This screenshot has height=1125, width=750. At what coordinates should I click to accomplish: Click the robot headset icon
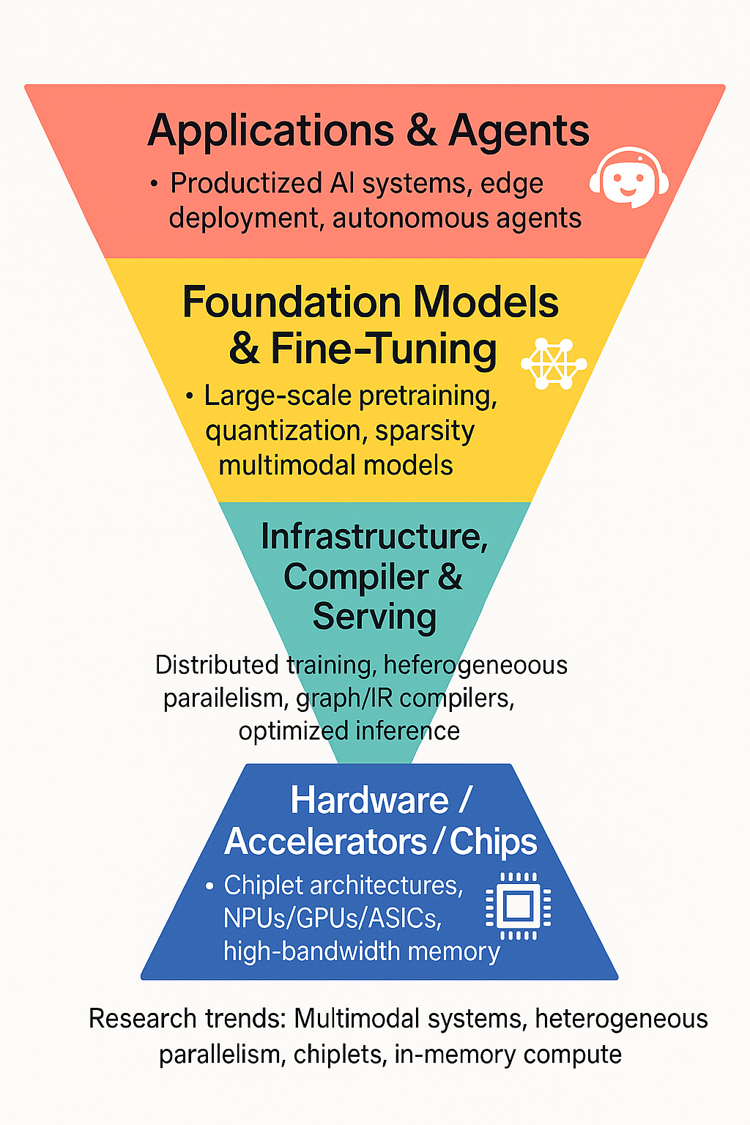point(629,178)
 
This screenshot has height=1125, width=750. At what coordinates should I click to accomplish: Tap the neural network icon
point(553,363)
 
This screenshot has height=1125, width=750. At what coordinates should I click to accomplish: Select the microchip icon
point(519,907)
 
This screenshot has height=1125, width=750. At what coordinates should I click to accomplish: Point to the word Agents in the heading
point(519,132)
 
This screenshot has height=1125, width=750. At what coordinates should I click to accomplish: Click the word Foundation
point(292,302)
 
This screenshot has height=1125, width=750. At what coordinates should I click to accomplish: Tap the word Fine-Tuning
point(384,349)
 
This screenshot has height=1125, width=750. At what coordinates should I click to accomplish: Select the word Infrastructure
point(374,537)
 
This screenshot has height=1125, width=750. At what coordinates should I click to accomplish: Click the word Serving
point(374,616)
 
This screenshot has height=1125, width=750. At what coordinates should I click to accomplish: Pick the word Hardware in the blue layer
point(369,800)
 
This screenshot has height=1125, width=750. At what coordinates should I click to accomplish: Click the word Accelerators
point(326,842)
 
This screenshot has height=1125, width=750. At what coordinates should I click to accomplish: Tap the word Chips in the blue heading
point(493,842)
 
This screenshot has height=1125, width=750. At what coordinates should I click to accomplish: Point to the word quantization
point(286,431)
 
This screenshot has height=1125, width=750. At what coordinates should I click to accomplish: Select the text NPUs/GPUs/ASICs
point(333,918)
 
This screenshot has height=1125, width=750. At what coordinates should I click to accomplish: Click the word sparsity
point(425,431)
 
